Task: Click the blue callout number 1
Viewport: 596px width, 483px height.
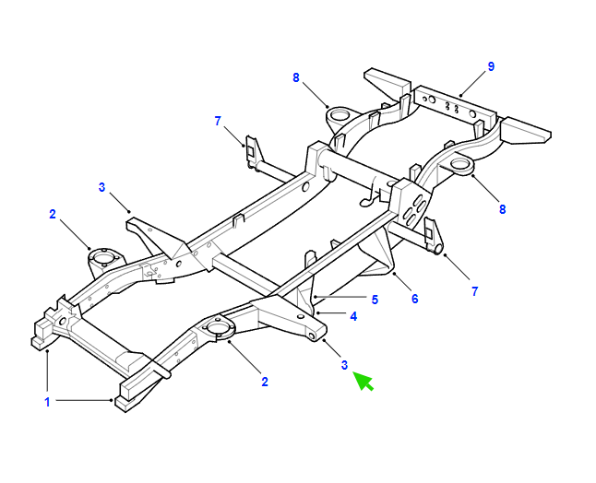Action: (x=47, y=402)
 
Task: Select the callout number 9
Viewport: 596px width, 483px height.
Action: (x=491, y=66)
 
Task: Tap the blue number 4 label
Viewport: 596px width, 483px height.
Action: (x=353, y=316)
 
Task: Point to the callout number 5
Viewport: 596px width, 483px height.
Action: (x=375, y=300)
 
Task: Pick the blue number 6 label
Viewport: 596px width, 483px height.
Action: (x=414, y=299)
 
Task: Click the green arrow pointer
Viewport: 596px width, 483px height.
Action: (x=364, y=381)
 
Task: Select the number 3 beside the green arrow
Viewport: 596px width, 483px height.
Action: (x=344, y=365)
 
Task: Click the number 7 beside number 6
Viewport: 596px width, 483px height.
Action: (x=475, y=291)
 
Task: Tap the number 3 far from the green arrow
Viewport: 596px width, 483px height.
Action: (x=101, y=187)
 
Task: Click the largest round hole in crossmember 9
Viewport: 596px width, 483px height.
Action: (x=432, y=100)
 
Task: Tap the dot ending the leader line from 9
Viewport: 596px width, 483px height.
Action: (x=460, y=95)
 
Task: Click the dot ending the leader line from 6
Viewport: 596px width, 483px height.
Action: (x=395, y=273)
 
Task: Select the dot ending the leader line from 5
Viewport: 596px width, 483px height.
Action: (x=316, y=297)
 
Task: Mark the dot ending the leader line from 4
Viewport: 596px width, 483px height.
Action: (x=317, y=313)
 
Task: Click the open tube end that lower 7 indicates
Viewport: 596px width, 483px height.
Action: (x=438, y=249)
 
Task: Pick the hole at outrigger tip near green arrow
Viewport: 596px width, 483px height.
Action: (x=313, y=336)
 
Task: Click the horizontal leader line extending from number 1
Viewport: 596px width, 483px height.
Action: (x=83, y=400)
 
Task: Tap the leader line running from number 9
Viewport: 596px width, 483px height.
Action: (x=473, y=83)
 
